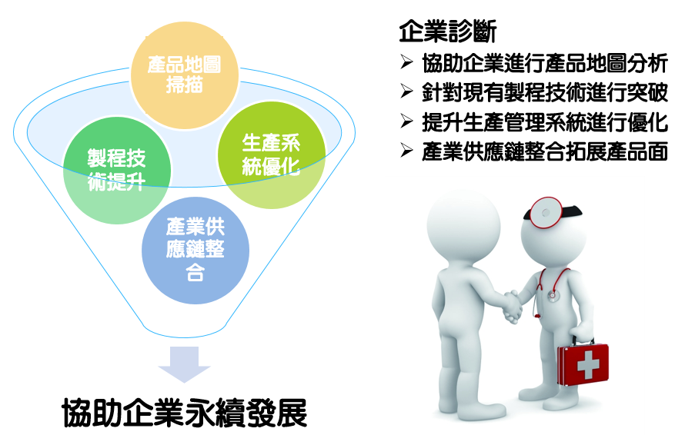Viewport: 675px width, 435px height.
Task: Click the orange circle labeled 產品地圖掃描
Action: [185, 75]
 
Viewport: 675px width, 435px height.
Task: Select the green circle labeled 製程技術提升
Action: [117, 170]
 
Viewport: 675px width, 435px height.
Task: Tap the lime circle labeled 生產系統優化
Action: [272, 155]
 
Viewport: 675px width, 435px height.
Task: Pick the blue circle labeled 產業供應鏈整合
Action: [195, 251]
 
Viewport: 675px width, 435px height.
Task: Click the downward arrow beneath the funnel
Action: [184, 364]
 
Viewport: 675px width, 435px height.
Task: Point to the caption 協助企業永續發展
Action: [185, 413]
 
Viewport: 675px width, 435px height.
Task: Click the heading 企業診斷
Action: [448, 32]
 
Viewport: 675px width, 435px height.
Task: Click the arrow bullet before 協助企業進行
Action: [406, 62]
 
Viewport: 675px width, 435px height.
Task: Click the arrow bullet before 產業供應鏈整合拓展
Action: [406, 150]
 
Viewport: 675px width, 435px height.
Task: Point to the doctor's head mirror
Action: [546, 212]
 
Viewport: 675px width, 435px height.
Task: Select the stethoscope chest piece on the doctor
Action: [551, 295]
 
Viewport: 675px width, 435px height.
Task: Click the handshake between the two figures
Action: [513, 306]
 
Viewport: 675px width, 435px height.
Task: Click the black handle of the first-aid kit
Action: [583, 340]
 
